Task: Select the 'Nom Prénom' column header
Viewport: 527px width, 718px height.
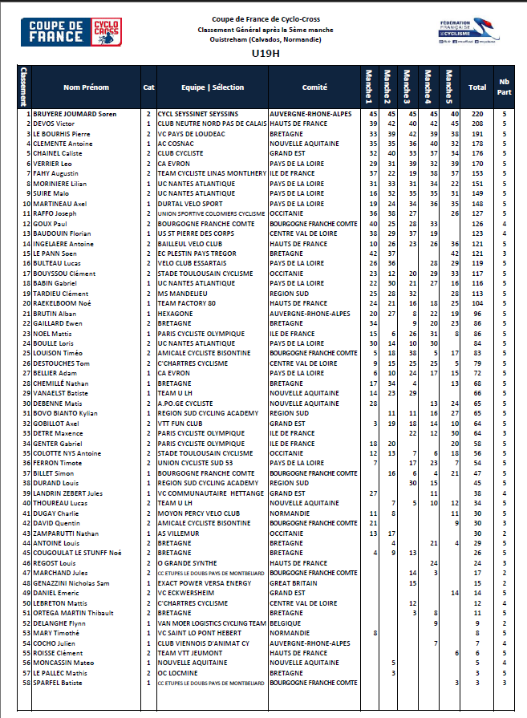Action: coord(86,87)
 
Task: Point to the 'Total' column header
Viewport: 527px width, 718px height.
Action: coord(477,87)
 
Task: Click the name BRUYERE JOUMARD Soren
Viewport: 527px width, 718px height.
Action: coord(75,115)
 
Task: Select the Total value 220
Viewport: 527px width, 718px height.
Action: coord(477,115)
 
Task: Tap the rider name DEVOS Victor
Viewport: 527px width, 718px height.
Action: coord(54,124)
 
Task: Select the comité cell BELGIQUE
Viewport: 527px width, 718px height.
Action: coord(288,623)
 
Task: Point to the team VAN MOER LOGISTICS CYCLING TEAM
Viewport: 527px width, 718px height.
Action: coord(212,623)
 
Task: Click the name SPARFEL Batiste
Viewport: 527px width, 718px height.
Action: coord(59,683)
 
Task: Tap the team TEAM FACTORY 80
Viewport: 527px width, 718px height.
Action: coord(187,303)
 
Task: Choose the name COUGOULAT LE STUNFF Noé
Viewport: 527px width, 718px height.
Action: coord(77,553)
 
